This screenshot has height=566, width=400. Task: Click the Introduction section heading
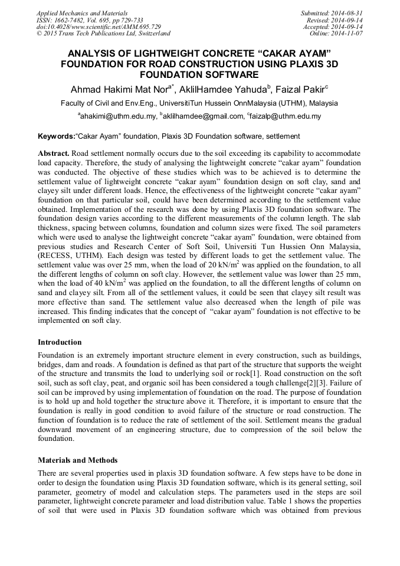coord(60,342)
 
